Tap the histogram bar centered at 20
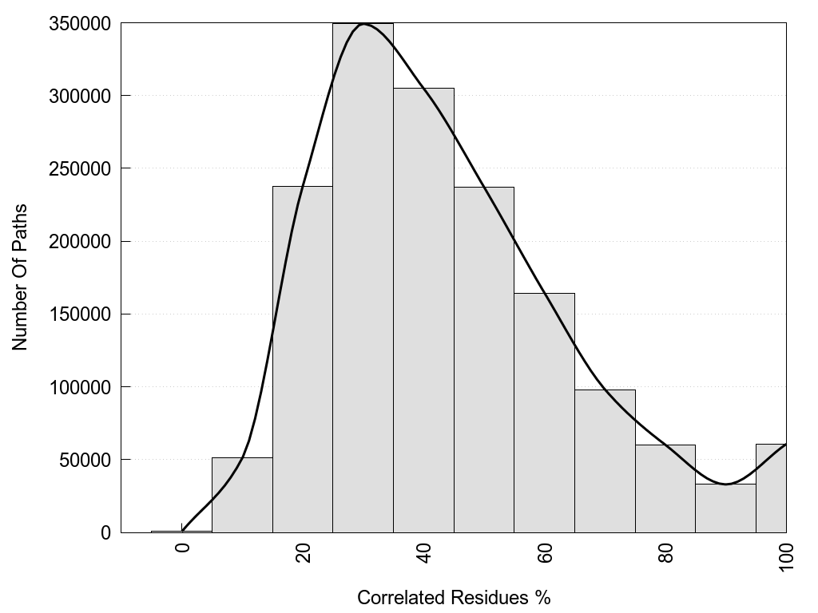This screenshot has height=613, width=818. (303, 359)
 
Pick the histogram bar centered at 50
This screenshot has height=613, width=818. (484, 359)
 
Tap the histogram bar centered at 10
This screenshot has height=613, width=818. (242, 495)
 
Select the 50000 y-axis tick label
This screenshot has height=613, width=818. (86, 460)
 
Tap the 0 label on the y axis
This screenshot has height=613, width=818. (105, 532)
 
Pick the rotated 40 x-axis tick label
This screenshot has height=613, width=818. (424, 553)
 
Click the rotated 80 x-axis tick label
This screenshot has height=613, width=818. (666, 553)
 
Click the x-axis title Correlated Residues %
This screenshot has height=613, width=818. (454, 597)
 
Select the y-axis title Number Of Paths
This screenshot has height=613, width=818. (20, 277)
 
